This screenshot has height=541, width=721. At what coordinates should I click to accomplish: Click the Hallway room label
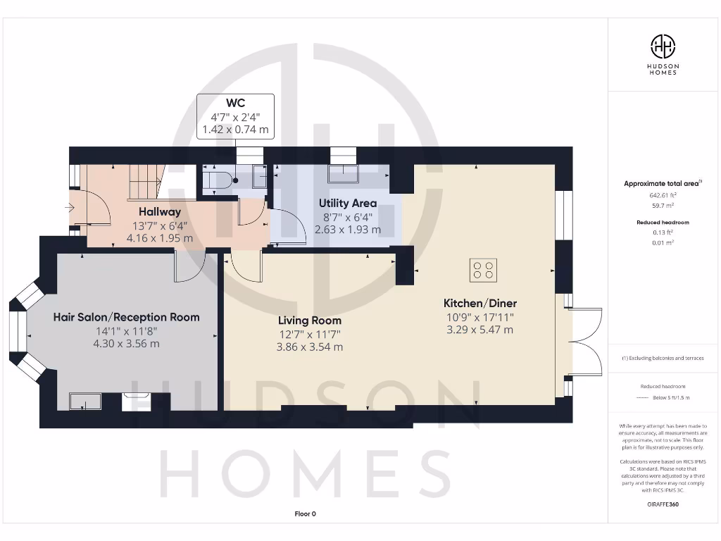pyautogui.click(x=159, y=211)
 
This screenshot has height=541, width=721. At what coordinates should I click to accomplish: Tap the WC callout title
pyautogui.click(x=235, y=103)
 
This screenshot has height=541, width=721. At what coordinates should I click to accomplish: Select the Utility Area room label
pyautogui.click(x=347, y=203)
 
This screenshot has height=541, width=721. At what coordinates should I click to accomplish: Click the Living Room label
pyautogui.click(x=309, y=321)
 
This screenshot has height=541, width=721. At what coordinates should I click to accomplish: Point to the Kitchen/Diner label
pyautogui.click(x=479, y=303)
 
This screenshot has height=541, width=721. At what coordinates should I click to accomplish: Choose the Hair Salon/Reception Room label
pyautogui.click(x=126, y=317)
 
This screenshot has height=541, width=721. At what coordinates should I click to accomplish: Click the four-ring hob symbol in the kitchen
pyautogui.click(x=484, y=269)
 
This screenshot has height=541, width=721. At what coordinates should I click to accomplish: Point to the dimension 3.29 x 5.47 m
pyautogui.click(x=479, y=330)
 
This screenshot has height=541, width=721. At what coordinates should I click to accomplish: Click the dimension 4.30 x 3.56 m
pyautogui.click(x=126, y=344)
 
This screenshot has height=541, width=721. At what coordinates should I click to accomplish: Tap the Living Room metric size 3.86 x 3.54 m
pyautogui.click(x=309, y=347)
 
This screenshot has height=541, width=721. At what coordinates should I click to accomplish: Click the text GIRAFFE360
pyautogui.click(x=662, y=504)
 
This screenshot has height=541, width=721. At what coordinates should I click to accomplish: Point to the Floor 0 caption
pyautogui.click(x=305, y=514)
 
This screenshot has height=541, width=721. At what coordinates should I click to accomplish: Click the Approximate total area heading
pyautogui.click(x=662, y=184)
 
